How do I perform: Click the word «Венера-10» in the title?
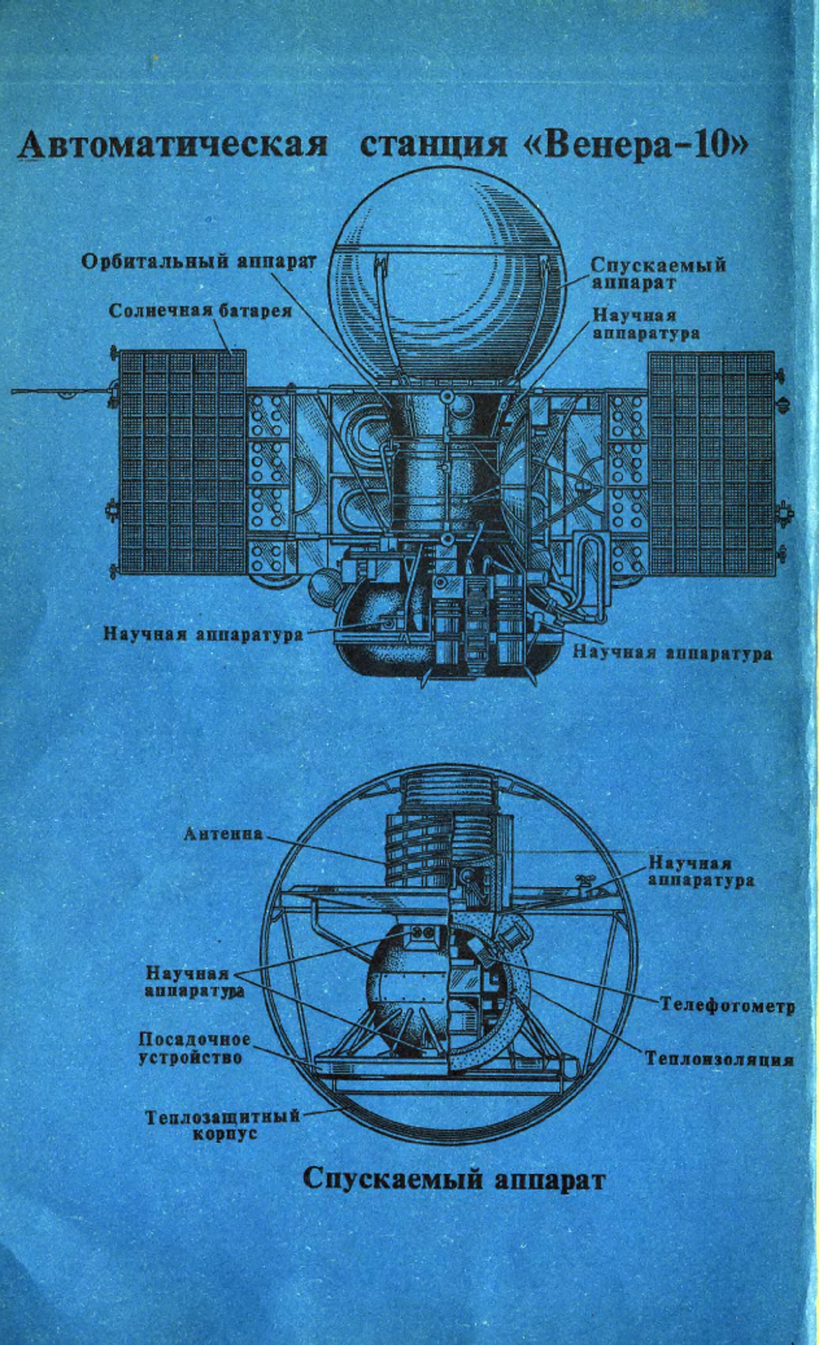pos(639,145)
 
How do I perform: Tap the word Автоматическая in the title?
pos(173,145)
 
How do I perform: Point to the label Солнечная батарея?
pos(201,311)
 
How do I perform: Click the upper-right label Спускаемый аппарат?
pos(659,274)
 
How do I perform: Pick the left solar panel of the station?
pos(182,462)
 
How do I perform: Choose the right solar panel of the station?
pos(711,462)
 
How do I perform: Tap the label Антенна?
pos(223,833)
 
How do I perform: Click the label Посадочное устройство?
pos(195,1048)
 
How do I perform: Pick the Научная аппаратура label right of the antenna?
pos(701,872)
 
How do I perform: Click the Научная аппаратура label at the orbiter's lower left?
pos(203,634)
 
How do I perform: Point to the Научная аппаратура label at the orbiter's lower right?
pos(672,653)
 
